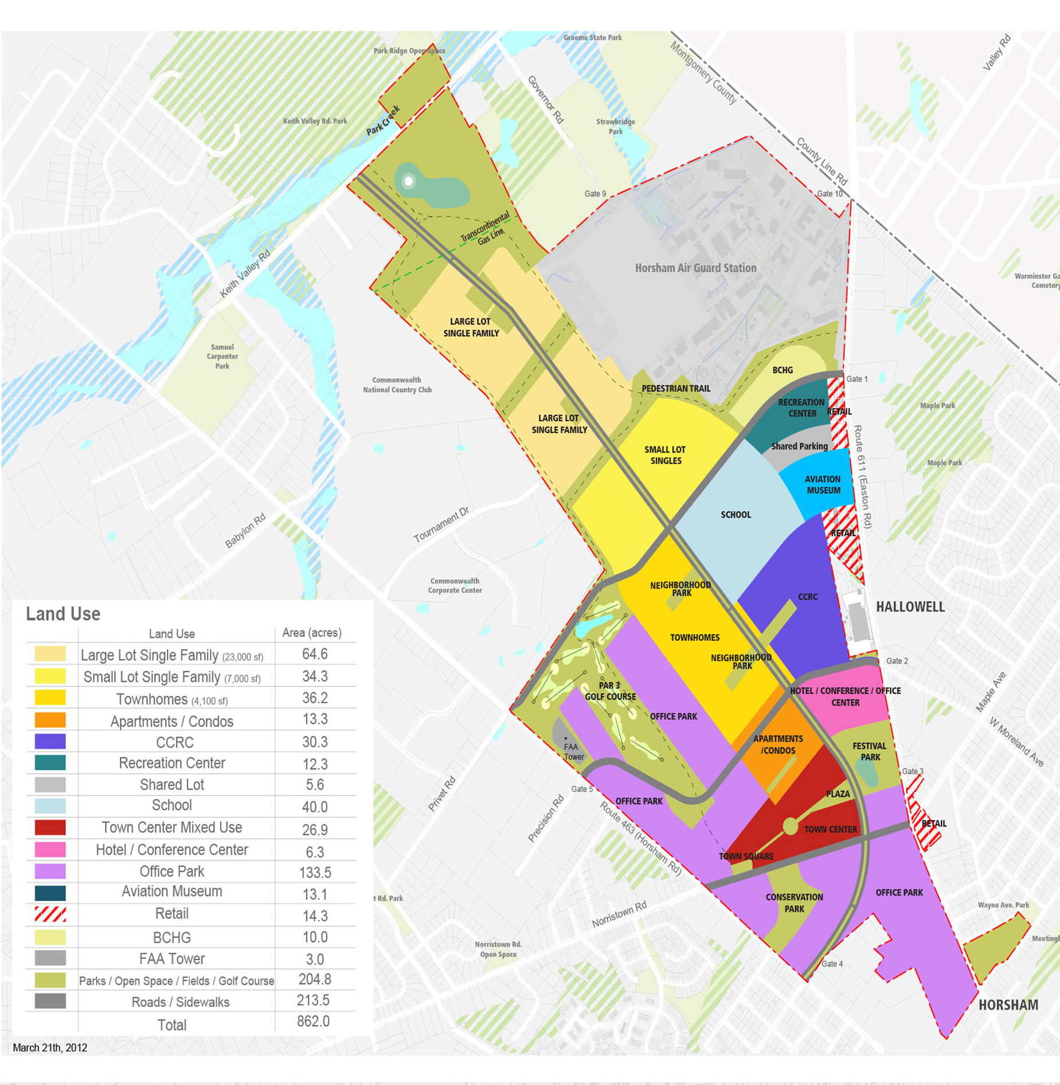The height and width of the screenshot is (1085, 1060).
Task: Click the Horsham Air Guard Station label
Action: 695,268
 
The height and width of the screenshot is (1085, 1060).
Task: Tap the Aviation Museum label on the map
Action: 823,485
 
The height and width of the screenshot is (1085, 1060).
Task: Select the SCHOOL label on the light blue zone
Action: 736,515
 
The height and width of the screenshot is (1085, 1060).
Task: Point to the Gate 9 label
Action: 595,194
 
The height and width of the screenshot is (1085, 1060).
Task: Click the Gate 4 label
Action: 832,963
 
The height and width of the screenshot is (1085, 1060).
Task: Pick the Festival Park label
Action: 870,751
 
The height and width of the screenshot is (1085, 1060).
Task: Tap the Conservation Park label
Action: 794,903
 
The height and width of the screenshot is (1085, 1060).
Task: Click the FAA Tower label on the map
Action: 573,751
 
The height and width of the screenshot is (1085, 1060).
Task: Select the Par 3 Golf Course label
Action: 610,691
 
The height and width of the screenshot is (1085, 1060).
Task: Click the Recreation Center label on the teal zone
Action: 801,408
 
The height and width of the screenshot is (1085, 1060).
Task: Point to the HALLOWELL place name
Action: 910,607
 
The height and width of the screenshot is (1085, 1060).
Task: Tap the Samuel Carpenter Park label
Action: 222,357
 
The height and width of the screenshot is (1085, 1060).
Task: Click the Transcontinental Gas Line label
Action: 486,229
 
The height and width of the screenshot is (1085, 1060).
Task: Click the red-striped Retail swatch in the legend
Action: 50,914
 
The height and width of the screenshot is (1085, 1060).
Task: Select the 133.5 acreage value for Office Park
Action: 315,872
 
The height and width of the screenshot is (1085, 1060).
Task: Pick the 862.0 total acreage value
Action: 313,1021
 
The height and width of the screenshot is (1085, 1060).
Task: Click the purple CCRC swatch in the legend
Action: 50,742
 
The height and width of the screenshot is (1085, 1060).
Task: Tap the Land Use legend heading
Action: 63,614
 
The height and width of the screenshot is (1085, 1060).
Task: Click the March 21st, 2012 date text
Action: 50,1047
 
